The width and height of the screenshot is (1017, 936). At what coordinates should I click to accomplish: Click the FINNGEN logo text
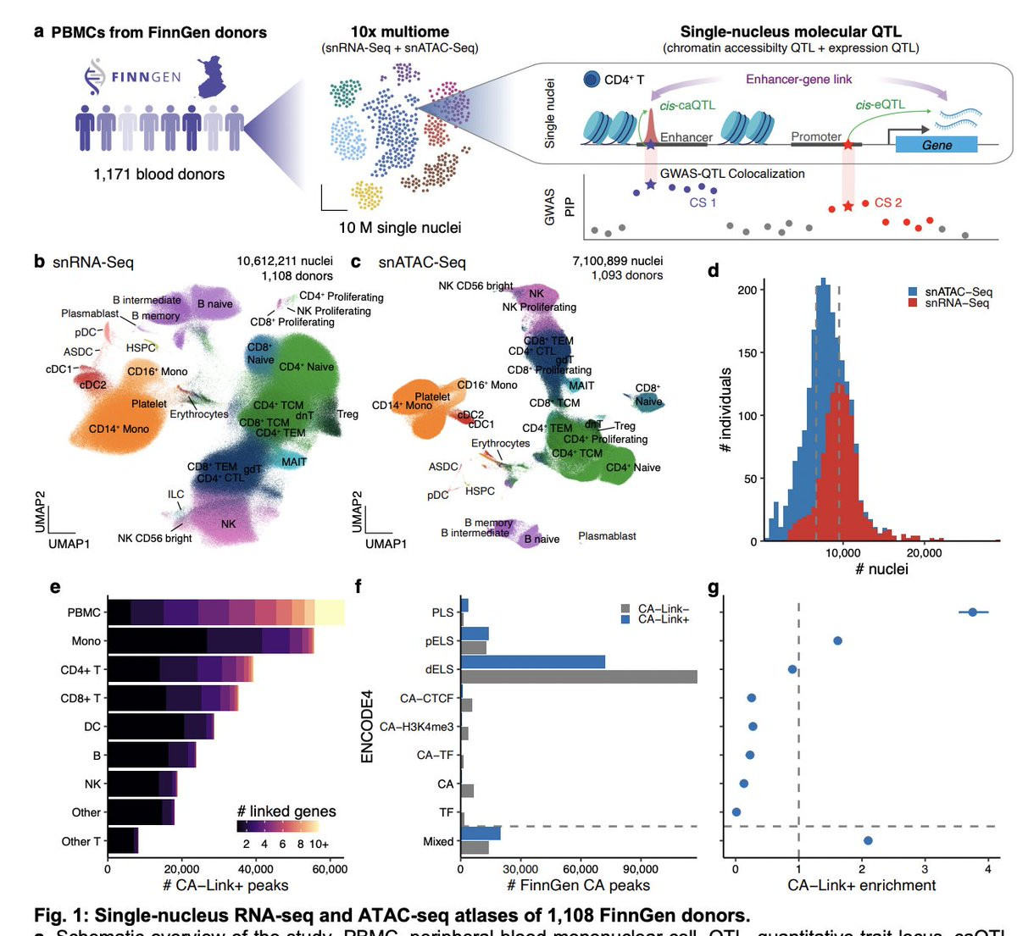coord(146,77)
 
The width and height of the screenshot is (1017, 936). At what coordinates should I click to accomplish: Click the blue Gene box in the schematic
coord(936,145)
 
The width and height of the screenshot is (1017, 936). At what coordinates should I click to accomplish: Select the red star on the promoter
coord(847,146)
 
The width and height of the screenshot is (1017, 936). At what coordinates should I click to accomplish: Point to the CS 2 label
coord(887,202)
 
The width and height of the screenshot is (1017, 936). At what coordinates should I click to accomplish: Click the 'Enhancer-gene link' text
coord(798,80)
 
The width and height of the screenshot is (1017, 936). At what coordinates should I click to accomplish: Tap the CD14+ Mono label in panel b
coord(119,429)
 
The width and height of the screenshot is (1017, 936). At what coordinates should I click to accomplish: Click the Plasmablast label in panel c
coord(607,536)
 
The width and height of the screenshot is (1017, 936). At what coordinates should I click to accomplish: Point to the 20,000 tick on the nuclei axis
coord(925,553)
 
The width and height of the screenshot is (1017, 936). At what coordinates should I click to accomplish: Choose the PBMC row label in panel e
coord(84,612)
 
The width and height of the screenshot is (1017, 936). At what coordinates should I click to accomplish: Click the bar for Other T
coord(123,841)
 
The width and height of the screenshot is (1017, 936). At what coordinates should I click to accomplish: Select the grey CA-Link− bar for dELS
coord(578,677)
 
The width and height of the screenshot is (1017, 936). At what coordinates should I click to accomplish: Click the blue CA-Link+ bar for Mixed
coord(481,834)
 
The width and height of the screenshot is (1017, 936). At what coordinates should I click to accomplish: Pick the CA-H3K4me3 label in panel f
coord(416,727)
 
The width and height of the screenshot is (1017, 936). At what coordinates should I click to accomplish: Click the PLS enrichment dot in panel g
coord(973,612)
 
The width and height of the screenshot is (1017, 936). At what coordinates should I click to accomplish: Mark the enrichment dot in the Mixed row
coord(868,840)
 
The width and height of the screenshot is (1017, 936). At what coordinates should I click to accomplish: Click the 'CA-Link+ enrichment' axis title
coord(861,885)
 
